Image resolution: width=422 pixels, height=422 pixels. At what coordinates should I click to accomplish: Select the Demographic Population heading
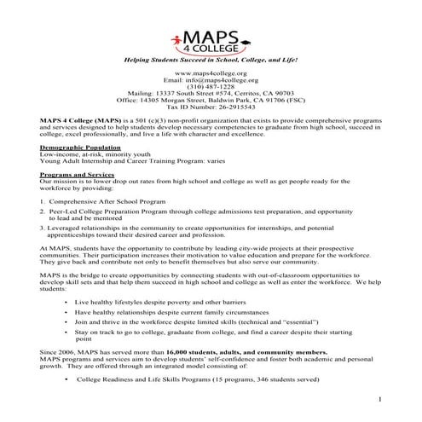coord(77,147)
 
